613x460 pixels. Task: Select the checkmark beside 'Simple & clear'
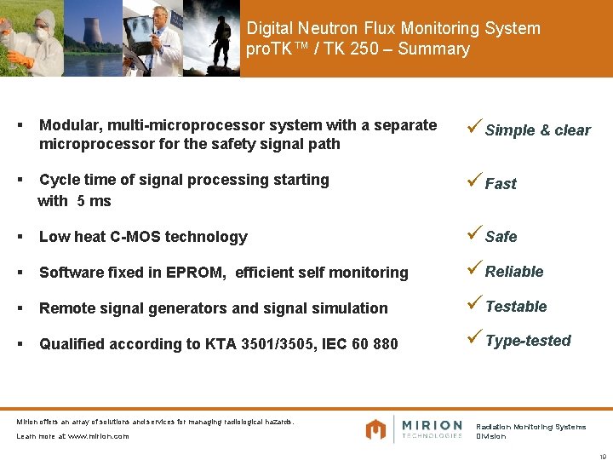point(475,128)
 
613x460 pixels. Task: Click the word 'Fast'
point(501,184)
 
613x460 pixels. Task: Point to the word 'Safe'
point(501,237)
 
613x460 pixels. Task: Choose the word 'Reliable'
point(514,272)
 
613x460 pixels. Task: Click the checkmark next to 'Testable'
point(475,305)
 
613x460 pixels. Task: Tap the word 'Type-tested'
point(528,341)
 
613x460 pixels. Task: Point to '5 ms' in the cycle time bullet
point(94,201)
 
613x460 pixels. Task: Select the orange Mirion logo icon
point(375,429)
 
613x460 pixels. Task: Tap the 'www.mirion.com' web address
point(98,436)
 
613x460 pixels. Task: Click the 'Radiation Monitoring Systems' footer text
point(530,427)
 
